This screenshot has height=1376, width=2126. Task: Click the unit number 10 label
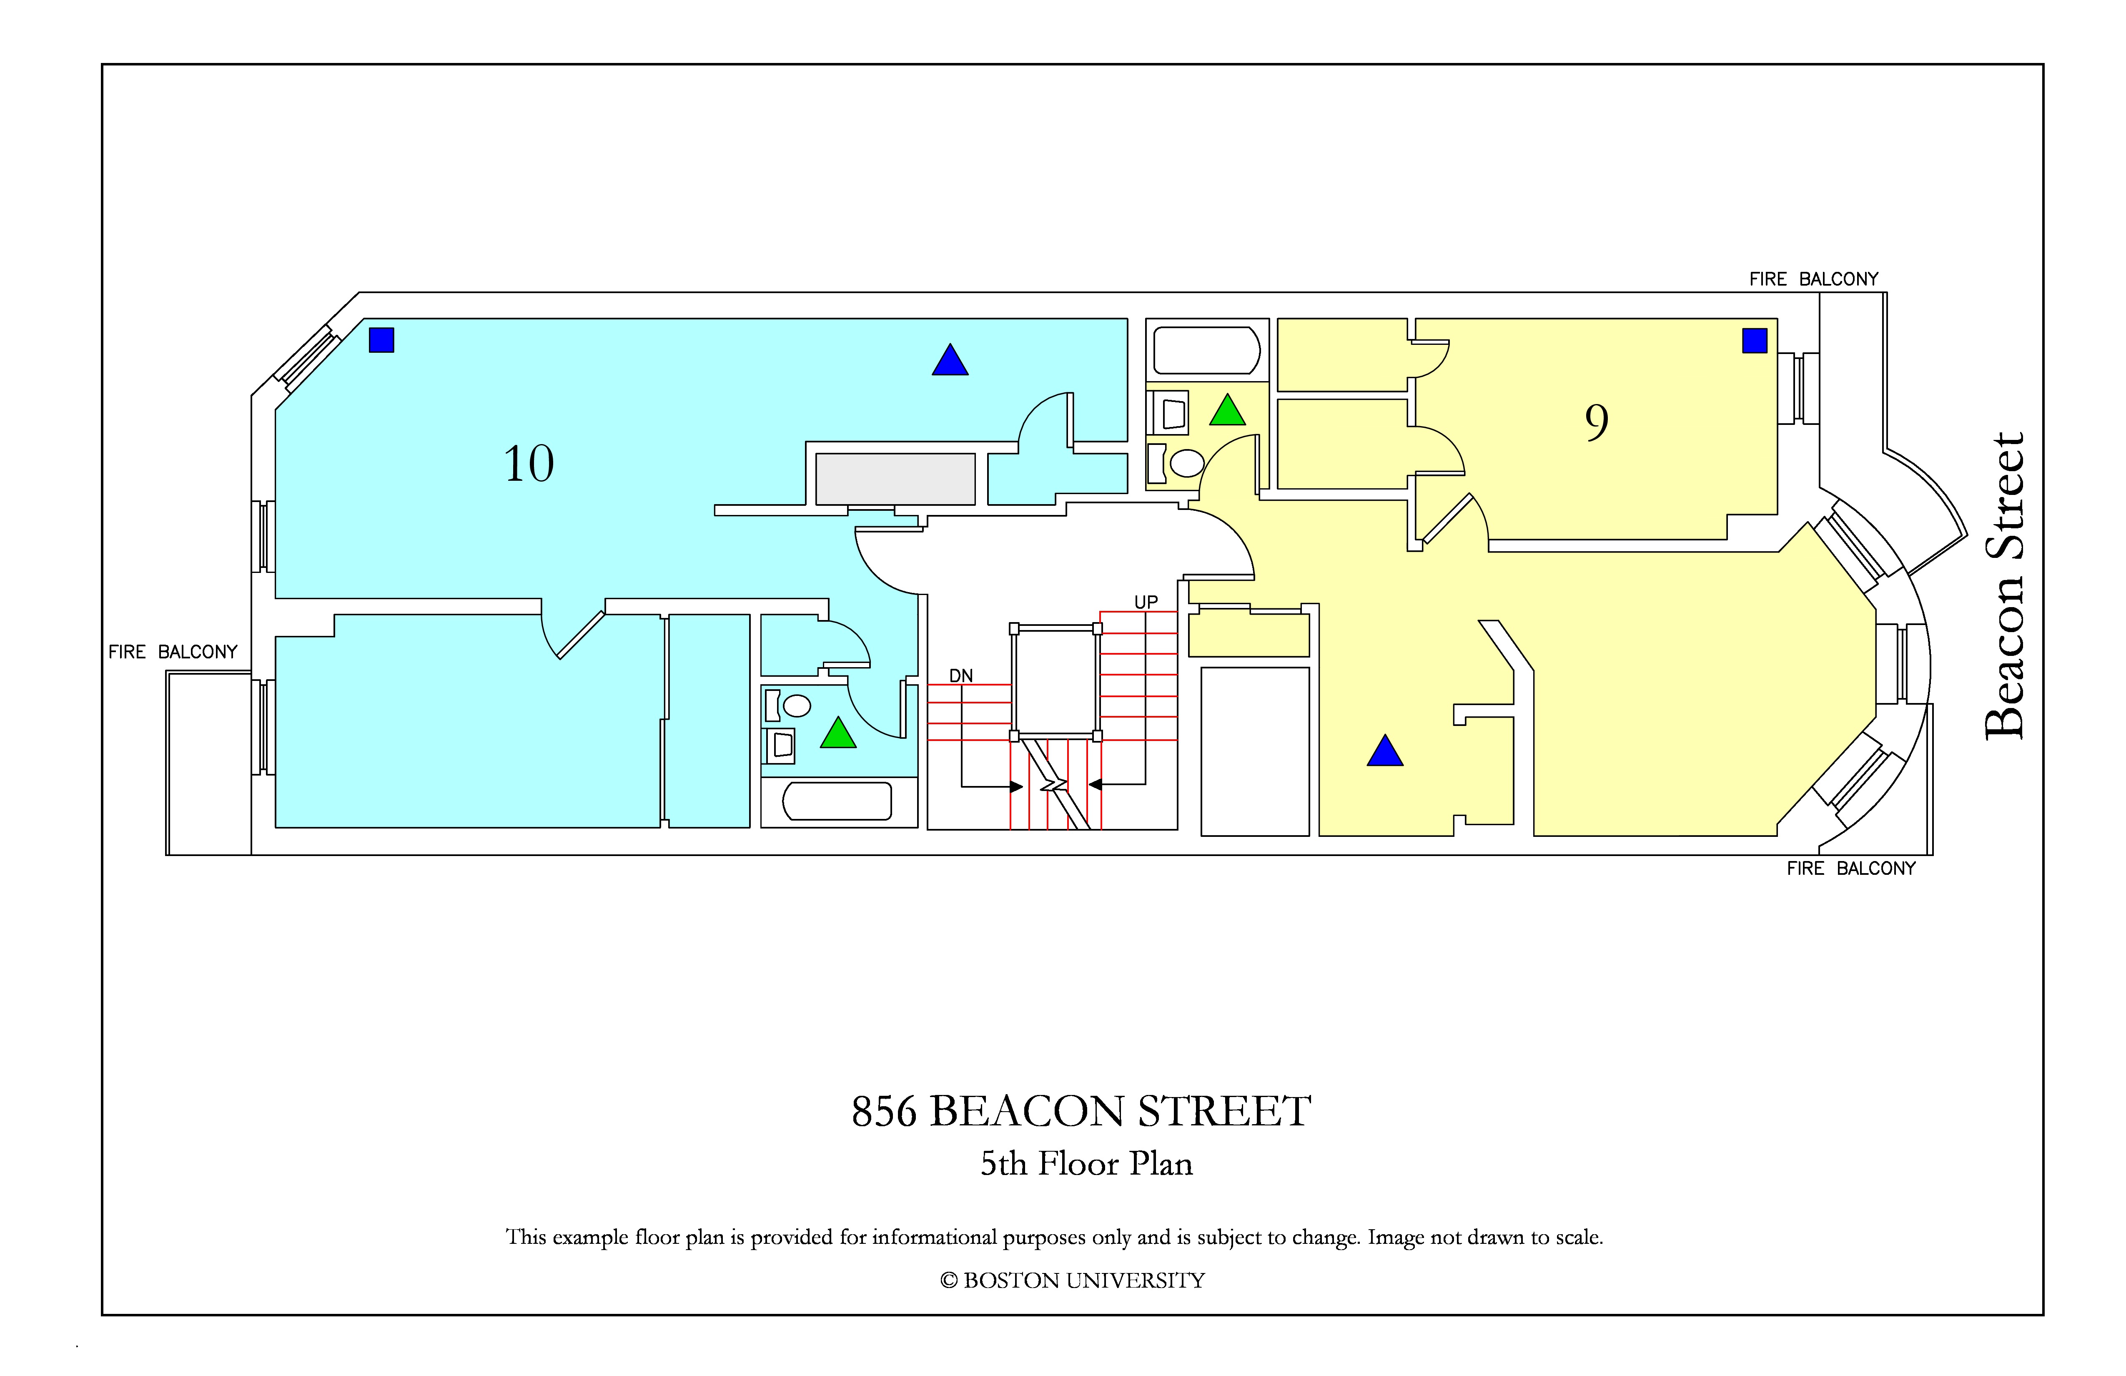pos(529,464)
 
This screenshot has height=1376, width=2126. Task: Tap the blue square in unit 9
pos(1755,340)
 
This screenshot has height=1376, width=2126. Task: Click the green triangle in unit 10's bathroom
pos(838,734)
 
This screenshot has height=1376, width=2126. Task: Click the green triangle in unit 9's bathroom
pos(1227,412)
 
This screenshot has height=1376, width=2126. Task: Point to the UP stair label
pos(1146,602)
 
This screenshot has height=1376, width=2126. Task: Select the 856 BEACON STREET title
pos(1081,1112)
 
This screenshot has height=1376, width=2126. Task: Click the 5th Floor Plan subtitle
pos(1086,1163)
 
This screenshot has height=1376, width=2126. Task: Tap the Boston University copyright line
pos(1072,1281)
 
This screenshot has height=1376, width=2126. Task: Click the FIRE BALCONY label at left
pos(173,652)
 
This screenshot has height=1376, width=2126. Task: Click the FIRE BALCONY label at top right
pos(1814,279)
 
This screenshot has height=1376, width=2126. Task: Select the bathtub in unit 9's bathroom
pos(1207,350)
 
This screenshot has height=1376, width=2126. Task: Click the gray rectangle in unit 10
pos(895,479)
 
